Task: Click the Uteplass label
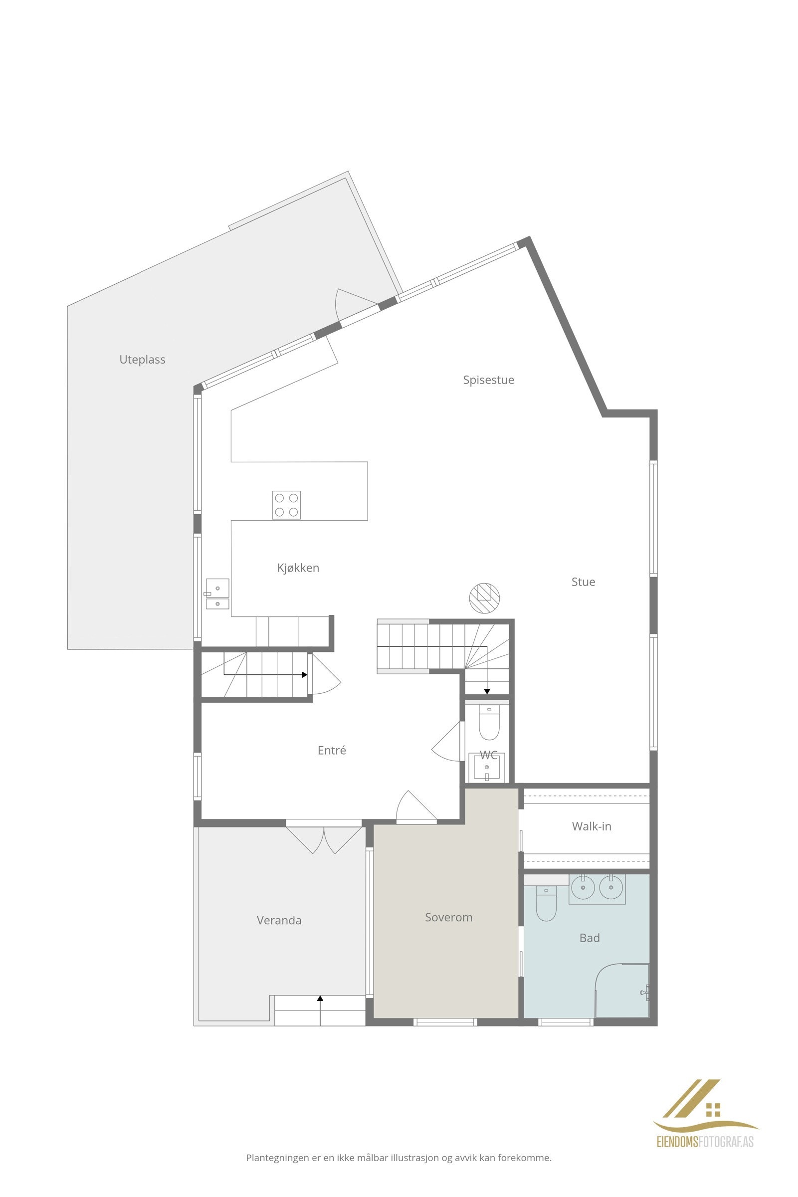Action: pos(142,359)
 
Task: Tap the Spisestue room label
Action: pos(488,380)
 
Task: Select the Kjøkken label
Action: pos(298,568)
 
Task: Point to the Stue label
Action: pos(583,582)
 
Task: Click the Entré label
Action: pos(331,750)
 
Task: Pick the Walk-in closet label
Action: pos(592,826)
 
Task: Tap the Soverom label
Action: pos(448,917)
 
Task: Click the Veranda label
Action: pos(279,920)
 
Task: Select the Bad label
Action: pos(590,938)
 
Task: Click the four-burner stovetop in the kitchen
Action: pos(286,505)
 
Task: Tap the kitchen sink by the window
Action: pos(217,594)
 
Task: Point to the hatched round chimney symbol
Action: pos(484,598)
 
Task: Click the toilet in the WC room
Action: pos(489,722)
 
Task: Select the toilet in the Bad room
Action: pos(546,903)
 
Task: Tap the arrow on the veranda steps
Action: pos(320,998)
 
